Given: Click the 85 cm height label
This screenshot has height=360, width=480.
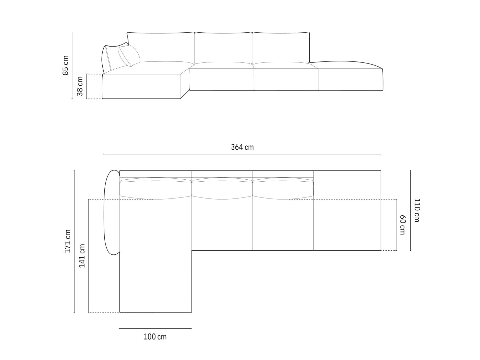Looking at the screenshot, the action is click(x=66, y=65).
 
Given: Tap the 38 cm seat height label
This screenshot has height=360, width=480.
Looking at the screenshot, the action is click(x=80, y=86).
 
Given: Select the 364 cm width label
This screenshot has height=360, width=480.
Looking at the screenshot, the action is click(x=242, y=147).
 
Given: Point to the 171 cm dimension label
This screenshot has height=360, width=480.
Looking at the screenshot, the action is click(x=68, y=241).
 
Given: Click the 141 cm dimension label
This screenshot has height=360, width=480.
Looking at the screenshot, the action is click(x=82, y=256).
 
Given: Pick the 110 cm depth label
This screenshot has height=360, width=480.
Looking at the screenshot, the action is click(x=417, y=210).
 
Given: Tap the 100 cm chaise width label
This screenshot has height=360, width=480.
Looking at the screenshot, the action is click(x=155, y=337).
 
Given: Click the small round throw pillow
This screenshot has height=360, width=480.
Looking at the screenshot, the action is click(x=129, y=55).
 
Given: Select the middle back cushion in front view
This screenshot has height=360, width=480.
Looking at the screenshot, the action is click(x=223, y=48).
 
